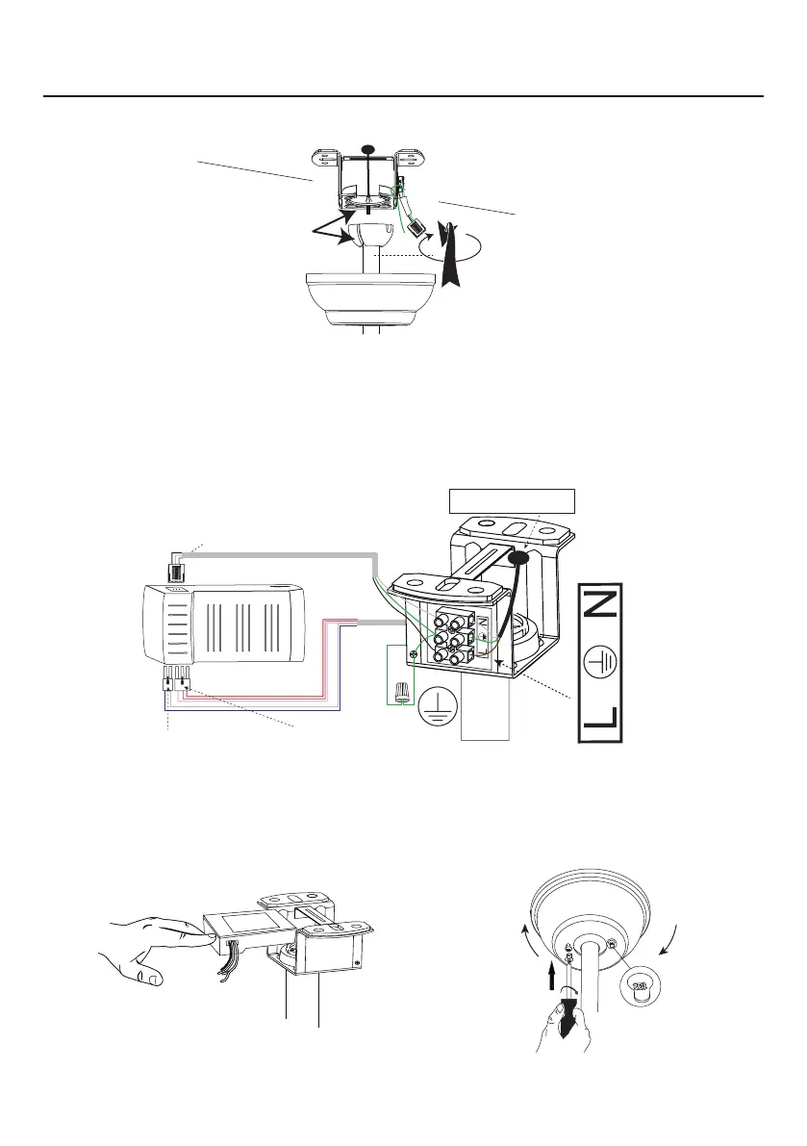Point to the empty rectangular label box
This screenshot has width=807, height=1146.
512,502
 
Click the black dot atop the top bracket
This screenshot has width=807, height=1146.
366,149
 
